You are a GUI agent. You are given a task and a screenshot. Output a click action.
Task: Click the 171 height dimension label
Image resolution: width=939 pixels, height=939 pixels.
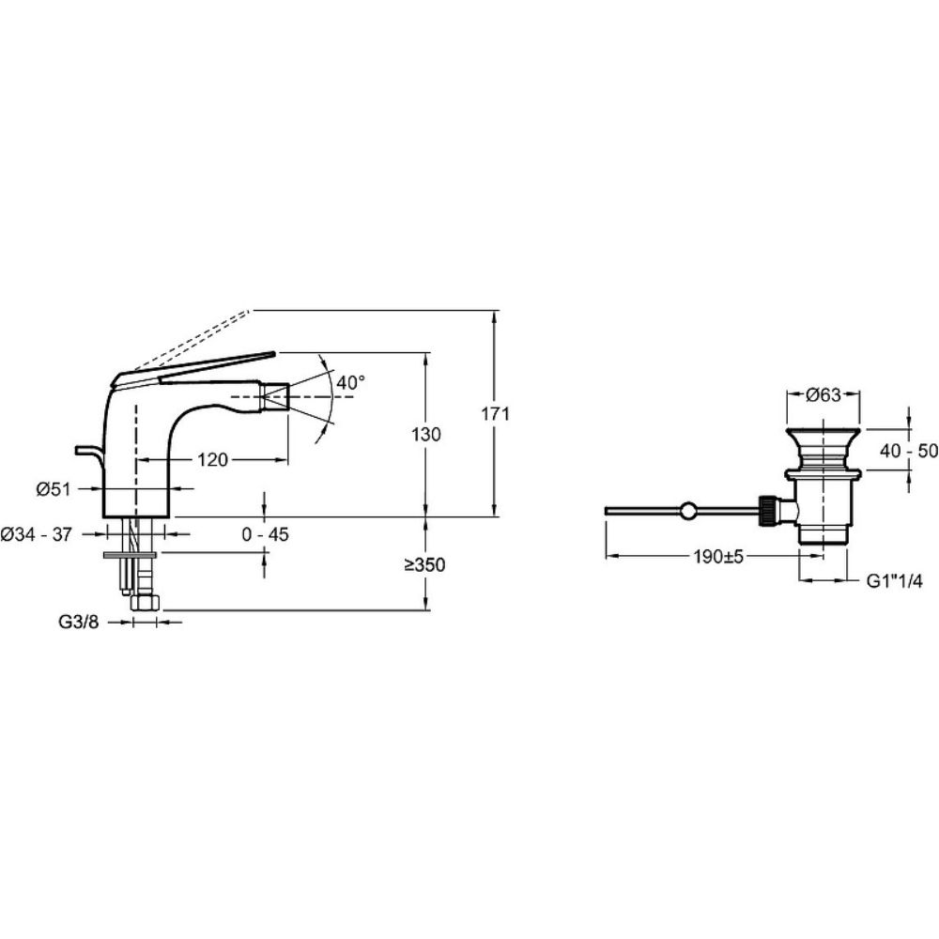[x=495, y=414]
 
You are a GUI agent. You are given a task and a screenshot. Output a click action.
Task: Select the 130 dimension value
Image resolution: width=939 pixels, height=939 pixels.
[x=425, y=434]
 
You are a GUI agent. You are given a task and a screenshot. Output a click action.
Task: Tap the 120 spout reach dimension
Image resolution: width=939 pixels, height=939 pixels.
[x=213, y=460]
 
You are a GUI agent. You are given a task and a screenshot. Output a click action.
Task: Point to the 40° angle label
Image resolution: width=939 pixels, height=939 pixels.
[x=351, y=382]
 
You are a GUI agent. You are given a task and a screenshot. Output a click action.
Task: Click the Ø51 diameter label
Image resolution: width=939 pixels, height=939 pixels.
[x=54, y=489]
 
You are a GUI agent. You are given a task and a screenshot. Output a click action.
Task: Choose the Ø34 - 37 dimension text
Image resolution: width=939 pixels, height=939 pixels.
[x=36, y=534]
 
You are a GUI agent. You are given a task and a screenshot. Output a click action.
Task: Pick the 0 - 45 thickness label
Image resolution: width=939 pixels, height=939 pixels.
[x=266, y=534]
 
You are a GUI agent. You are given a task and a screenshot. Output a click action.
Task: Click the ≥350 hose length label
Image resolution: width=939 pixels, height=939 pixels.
[x=424, y=564]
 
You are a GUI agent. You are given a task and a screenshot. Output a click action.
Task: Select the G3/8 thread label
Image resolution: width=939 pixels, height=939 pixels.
[x=79, y=623]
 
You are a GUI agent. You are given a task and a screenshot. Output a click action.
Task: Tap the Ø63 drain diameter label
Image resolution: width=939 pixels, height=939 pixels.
[x=824, y=394]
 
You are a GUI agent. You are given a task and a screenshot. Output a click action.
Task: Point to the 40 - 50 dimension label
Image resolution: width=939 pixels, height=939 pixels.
[x=908, y=451]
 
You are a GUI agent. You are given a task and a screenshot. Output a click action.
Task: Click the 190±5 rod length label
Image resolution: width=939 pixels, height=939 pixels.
[x=718, y=557]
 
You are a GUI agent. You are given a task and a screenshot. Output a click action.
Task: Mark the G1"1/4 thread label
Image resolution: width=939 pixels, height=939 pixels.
[x=895, y=581]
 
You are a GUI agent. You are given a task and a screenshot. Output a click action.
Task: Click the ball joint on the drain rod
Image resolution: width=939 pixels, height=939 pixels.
[x=688, y=511]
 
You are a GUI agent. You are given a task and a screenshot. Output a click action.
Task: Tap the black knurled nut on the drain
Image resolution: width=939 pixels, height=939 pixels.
[x=766, y=511]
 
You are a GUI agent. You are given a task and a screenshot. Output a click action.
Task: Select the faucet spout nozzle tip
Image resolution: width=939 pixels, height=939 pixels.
[x=275, y=396]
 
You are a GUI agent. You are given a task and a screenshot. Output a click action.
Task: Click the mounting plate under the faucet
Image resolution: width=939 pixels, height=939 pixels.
[x=130, y=555]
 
